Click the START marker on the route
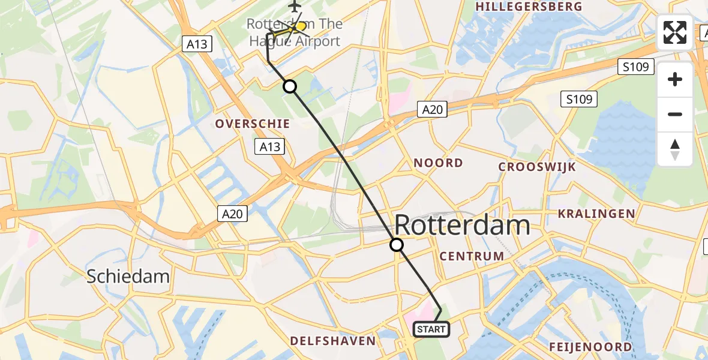431,329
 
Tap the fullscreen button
675,32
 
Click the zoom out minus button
675,114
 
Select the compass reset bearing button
675,149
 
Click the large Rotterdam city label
462,226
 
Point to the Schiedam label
128,276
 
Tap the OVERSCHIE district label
253,124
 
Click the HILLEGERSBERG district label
529,7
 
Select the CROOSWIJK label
537,167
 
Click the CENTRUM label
472,256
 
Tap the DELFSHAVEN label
332,341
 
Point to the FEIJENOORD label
590,347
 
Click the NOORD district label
438,163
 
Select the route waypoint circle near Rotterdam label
397,245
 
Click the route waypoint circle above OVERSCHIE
290,86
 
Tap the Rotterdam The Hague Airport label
295,32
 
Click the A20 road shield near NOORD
431,109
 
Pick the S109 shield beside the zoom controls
636,67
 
